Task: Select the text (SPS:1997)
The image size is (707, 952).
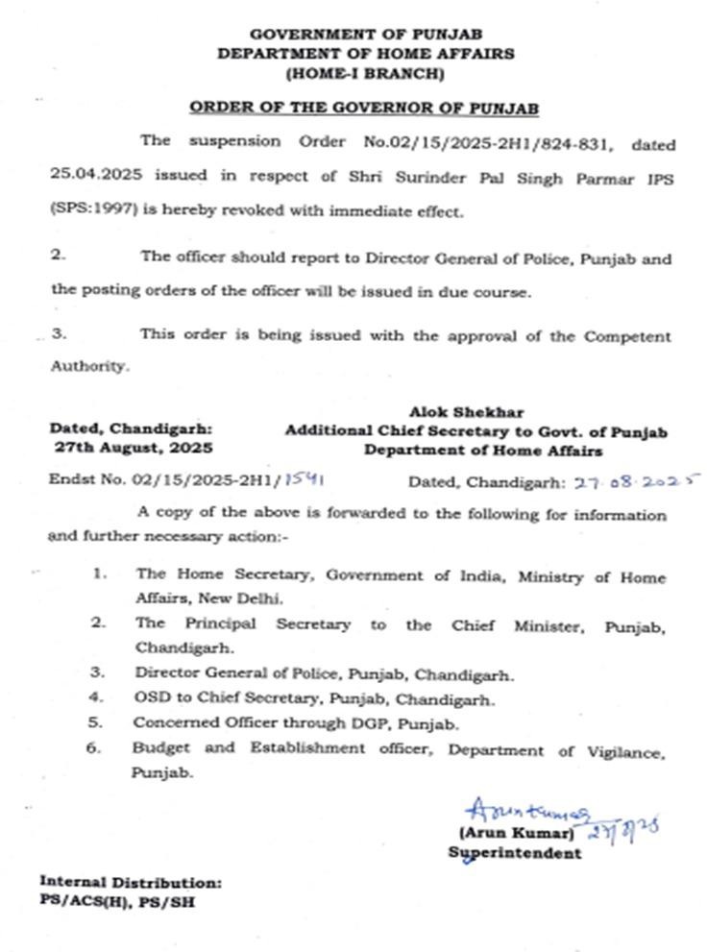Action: pos(87,211)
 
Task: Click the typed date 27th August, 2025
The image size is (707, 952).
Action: pos(134,449)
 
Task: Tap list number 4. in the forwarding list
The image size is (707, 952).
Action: pos(96,697)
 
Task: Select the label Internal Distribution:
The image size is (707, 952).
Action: pos(131,881)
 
